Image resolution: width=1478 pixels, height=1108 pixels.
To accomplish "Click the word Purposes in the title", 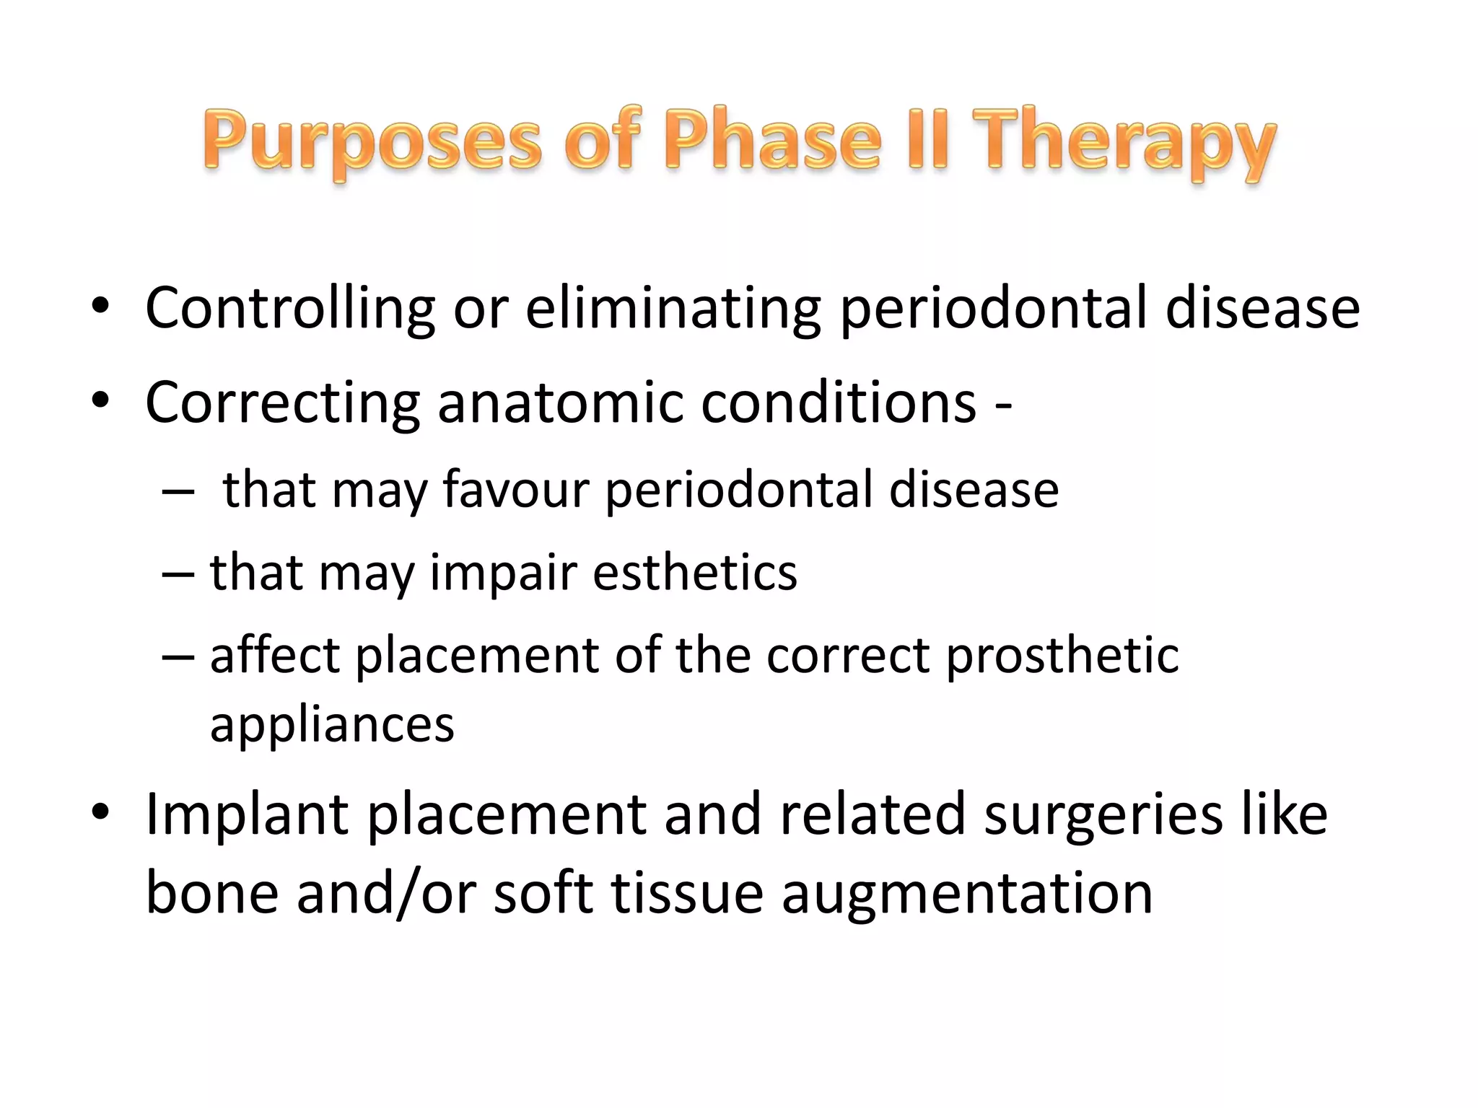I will click(372, 141).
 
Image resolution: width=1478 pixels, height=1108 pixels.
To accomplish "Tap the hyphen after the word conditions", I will click(1003, 405).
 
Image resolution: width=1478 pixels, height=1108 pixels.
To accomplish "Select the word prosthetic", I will click(1062, 657).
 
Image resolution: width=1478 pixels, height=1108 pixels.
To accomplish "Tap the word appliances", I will click(332, 725).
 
